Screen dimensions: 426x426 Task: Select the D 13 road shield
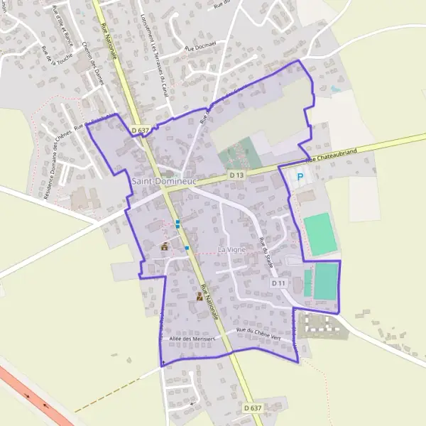pyautogui.click(x=236, y=175)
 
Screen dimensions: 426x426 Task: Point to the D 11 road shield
pyautogui.click(x=278, y=283)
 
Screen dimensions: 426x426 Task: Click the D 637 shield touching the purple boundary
pyautogui.click(x=140, y=131)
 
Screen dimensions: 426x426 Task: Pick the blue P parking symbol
pyautogui.click(x=300, y=177)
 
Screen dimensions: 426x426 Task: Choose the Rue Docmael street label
pyautogui.click(x=199, y=48)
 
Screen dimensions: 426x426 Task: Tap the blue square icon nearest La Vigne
pyautogui.click(x=187, y=248)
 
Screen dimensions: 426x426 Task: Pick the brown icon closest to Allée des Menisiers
pyautogui.click(x=199, y=298)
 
